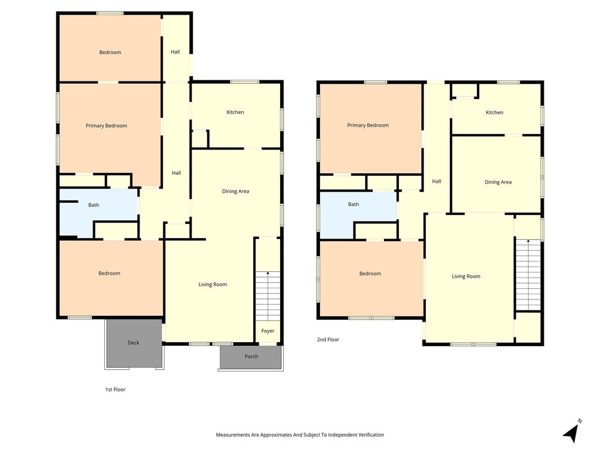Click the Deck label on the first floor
point(134,342)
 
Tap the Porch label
point(251,356)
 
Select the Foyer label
point(268,331)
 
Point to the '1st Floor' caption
point(115,390)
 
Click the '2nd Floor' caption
point(328,339)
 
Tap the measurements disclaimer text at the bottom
point(300,435)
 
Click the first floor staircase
point(268,295)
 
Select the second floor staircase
point(528,274)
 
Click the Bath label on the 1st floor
point(94,205)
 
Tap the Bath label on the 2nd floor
point(353,204)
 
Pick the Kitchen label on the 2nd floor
point(495,112)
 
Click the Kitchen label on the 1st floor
point(236,112)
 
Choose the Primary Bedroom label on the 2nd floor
point(368,125)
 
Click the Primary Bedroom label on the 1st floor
point(107,125)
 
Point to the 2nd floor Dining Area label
point(498,182)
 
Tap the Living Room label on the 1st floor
point(213,284)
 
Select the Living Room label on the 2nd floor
point(466,277)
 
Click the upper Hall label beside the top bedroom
point(175,52)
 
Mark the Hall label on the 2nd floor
point(437,182)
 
